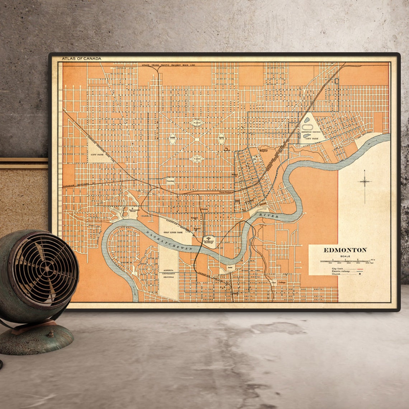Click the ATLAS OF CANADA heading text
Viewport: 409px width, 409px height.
pos(81,58)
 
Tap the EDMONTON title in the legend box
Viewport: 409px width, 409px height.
pos(345,250)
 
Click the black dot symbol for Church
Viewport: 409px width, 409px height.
pos(360,274)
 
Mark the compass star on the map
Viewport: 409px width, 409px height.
pos(365,182)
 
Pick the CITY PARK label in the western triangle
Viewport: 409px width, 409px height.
pos(96,154)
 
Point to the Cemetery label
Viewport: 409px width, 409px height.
pos(170,182)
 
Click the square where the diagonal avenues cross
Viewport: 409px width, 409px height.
pos(196,139)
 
